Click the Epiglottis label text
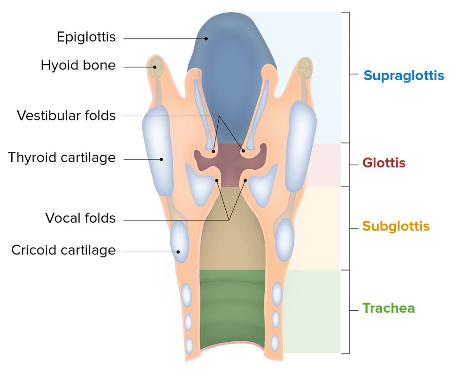click(86, 37)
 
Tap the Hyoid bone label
click(78, 65)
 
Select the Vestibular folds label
click(66, 115)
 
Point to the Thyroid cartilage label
click(61, 157)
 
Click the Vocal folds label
click(80, 218)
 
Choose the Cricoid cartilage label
click(63, 250)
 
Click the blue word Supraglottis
click(404, 75)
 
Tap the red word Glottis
click(384, 163)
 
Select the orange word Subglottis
click(396, 226)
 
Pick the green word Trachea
click(388, 308)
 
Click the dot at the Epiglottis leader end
click(206, 38)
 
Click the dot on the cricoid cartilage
click(178, 252)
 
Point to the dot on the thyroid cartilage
click(161, 159)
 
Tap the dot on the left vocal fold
click(217, 180)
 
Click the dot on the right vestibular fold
click(243, 151)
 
